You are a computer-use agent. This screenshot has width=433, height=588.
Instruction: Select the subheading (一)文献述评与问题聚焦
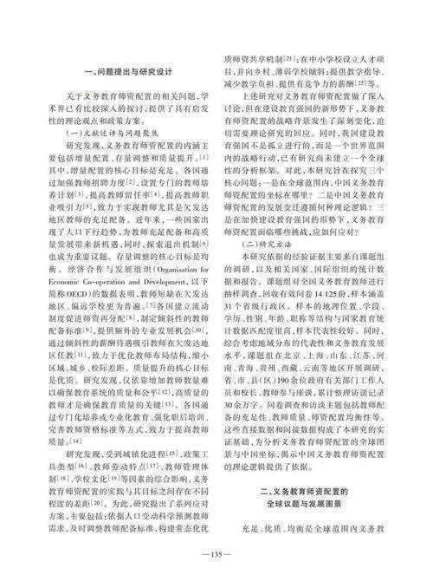pyautogui.click(x=105, y=136)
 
